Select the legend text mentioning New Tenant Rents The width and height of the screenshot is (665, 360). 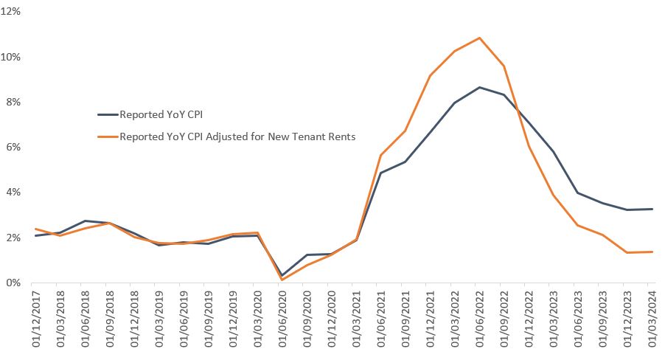tap(237, 136)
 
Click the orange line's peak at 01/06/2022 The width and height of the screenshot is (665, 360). tap(479, 38)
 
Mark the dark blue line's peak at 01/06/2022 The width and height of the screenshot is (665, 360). tap(479, 87)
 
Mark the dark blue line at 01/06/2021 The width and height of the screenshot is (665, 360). tap(380, 173)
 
